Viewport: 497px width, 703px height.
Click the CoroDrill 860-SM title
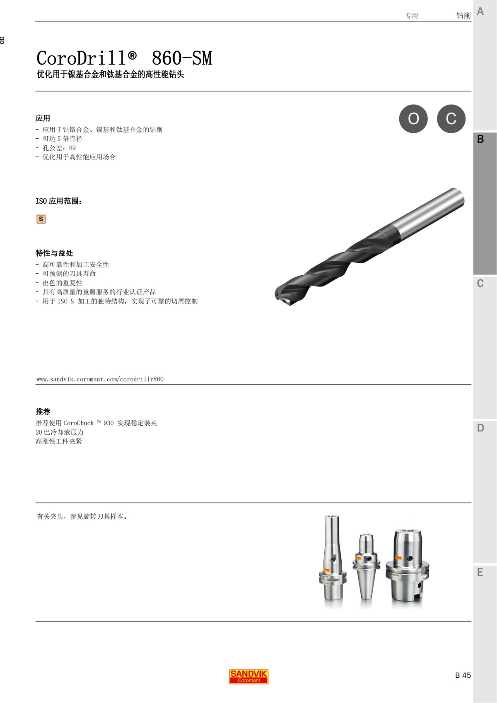point(124,58)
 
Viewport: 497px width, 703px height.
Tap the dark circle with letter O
point(413,119)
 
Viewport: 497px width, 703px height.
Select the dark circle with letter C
point(451,119)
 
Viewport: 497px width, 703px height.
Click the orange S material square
point(41,219)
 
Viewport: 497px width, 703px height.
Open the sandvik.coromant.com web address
point(100,379)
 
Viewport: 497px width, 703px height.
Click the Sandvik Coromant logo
point(248,677)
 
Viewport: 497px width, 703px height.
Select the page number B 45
point(463,675)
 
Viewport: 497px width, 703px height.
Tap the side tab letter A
point(480,12)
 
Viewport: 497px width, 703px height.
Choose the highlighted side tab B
point(480,139)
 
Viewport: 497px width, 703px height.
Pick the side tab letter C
point(480,284)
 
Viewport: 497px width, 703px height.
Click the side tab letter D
point(480,428)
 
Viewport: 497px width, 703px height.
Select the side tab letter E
point(480,573)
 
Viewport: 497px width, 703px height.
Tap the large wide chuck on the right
point(408,565)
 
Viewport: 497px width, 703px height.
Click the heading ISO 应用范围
point(59,201)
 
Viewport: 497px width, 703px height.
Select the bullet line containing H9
point(59,148)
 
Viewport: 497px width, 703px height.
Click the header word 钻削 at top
point(463,16)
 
